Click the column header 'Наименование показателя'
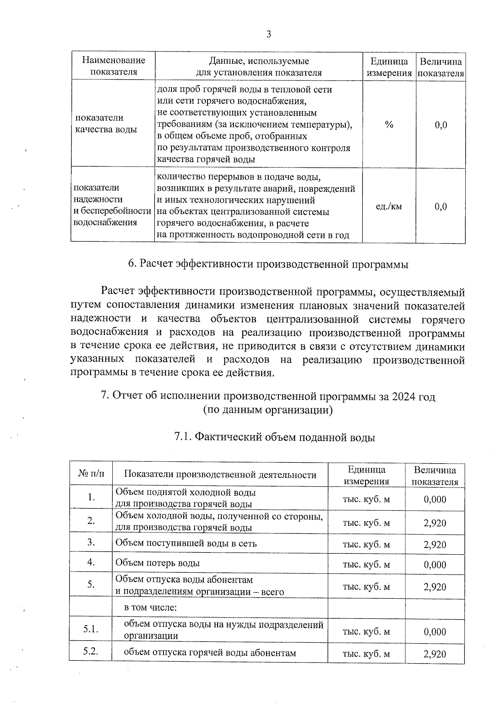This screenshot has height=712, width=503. coord(113,66)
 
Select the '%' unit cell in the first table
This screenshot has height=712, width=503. coord(389,125)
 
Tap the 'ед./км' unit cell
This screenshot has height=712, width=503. coord(389,206)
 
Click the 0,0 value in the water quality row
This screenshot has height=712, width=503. coord(441,125)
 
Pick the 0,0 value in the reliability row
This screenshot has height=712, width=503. coord(441,206)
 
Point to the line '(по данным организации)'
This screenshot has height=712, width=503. coord(268,410)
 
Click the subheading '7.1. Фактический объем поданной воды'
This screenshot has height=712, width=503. coord(274,437)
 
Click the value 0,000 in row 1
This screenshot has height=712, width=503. coord(435,499)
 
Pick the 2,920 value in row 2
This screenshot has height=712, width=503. coord(435,523)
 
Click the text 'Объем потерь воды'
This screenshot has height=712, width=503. coord(157,563)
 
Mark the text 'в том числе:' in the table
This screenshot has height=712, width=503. coord(150,607)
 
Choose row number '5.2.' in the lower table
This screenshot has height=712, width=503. coord(91,652)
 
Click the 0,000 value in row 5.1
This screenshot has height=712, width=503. coord(435,632)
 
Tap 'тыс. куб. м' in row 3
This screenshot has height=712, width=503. coord(366,545)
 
